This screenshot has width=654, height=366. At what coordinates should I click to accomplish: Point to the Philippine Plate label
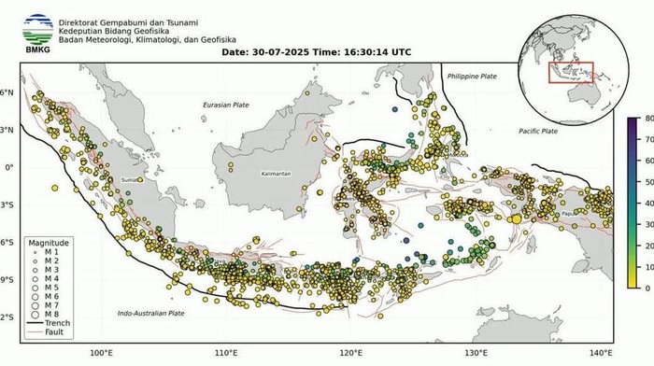[476, 75]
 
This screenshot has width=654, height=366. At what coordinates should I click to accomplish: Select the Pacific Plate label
[538, 132]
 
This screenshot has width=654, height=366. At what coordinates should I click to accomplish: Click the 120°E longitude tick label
[351, 353]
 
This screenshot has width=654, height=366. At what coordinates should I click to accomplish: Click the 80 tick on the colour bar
[647, 119]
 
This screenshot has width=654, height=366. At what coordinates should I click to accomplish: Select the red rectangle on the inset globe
[570, 72]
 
